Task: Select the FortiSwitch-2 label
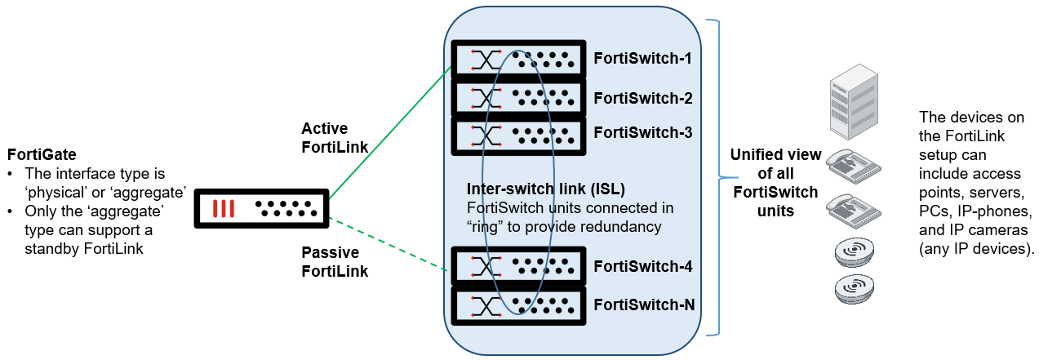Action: coord(642,98)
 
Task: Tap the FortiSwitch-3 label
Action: coord(642,132)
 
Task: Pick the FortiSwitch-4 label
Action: coord(642,266)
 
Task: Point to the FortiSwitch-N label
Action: coord(643,304)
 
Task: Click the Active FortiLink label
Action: coord(335,137)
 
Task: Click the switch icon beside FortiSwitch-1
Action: coord(519,59)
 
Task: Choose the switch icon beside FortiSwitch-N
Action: coord(519,305)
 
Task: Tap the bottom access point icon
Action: coord(855,289)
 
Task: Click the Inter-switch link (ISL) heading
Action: coord(545,189)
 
